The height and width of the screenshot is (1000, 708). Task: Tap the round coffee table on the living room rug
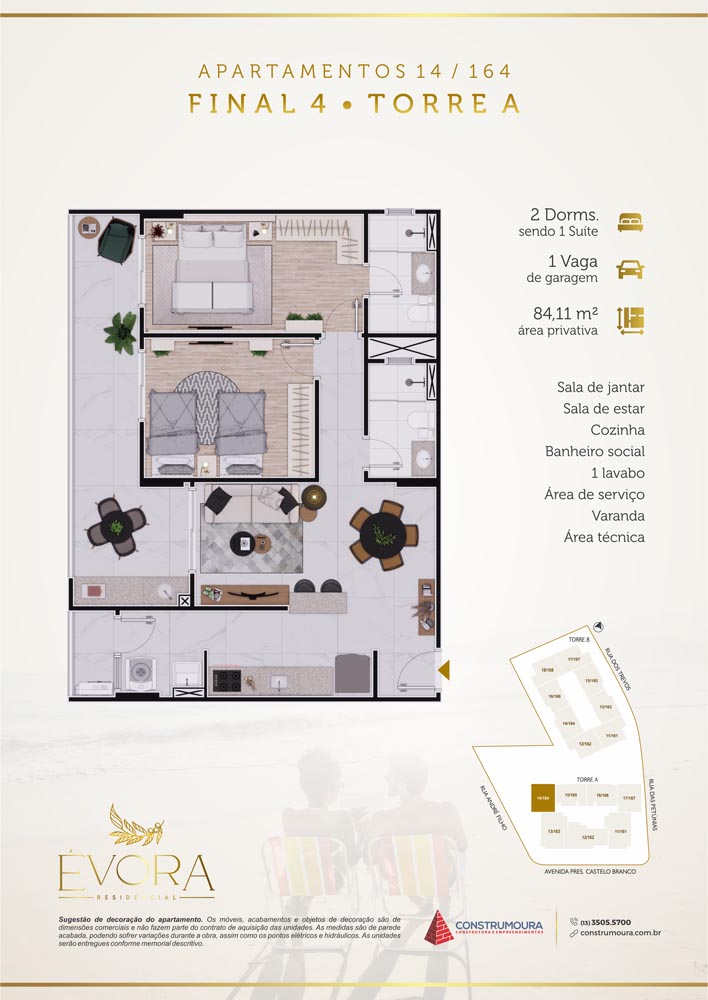pos(242,544)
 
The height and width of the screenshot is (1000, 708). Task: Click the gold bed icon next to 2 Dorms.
pos(630,222)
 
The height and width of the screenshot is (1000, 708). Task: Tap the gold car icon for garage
pos(630,269)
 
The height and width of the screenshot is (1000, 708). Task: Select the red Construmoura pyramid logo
pos(441,927)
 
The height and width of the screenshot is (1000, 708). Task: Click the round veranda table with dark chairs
pos(115,523)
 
